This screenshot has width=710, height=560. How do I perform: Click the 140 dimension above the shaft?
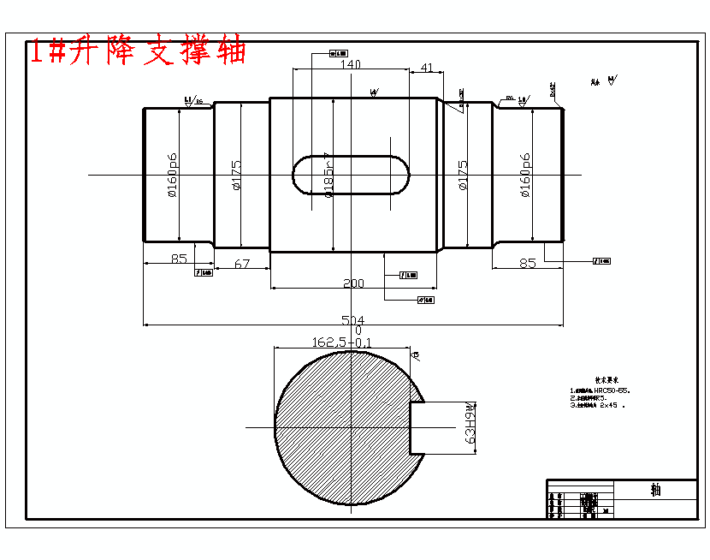click(351, 64)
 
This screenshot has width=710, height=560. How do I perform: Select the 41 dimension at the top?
click(427, 67)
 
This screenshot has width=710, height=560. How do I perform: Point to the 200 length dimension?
click(352, 283)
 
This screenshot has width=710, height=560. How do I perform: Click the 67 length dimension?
click(242, 264)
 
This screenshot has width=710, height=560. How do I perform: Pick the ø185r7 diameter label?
click(328, 175)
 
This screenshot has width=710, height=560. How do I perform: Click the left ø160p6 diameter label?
click(172, 175)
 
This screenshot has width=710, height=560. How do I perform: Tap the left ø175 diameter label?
click(236, 176)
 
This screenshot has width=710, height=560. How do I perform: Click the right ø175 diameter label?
click(463, 176)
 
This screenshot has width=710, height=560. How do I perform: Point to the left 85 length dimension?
click(178, 259)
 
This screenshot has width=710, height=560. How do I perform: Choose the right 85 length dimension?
click(528, 263)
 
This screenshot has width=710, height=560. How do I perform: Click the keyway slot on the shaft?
click(351, 175)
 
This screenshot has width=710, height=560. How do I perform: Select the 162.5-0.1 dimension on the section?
click(342, 342)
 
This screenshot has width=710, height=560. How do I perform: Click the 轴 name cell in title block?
click(655, 490)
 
